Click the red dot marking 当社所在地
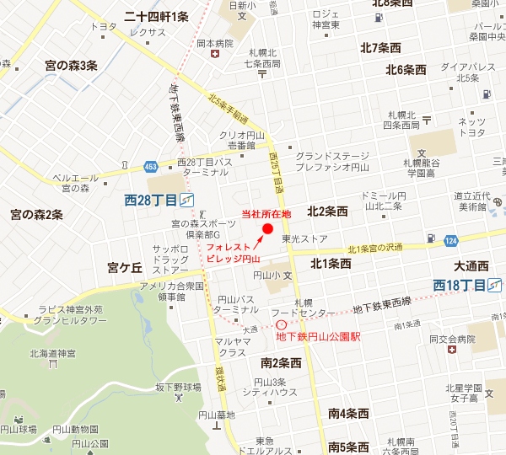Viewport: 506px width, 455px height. pos(268,228)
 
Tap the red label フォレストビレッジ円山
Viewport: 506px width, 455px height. pos(234,253)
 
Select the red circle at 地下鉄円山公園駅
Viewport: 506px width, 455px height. pos(281,325)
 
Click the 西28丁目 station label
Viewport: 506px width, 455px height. pos(152,201)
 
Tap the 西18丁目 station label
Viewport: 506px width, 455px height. pos(460,286)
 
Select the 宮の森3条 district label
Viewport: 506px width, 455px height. pos(71,66)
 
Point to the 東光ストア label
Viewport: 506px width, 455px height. pos(304,239)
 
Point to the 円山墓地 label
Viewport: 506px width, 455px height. pos(217,414)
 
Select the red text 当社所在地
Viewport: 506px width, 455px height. pos(266,213)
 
